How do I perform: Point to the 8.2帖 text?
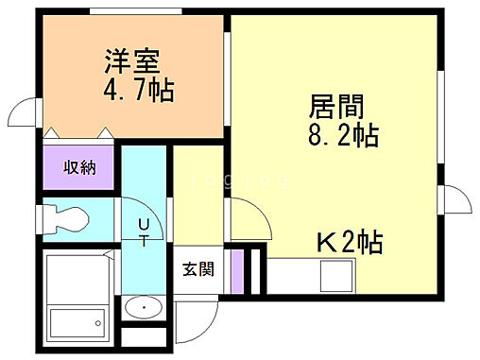coord(344,135)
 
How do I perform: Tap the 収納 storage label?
coord(79,167)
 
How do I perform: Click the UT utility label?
coord(144,231)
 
